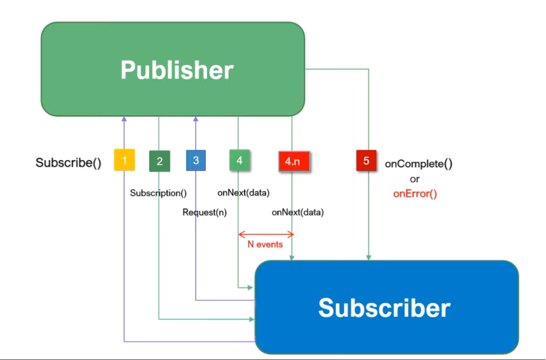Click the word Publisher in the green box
point(176,70)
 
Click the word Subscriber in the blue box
point(384,307)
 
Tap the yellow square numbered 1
point(124,161)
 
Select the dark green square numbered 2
point(159,161)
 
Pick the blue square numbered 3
point(196,161)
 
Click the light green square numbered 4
point(239,161)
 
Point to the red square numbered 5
point(367,161)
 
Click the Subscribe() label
point(68,162)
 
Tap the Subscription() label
point(158,193)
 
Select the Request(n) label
point(204,213)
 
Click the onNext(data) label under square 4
point(243,193)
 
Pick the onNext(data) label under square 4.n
point(297,213)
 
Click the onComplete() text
point(419,164)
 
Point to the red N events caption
point(265,245)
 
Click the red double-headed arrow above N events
point(266,234)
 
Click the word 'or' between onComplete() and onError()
point(414,179)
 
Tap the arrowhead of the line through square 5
point(368,257)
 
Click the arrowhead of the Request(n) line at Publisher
point(196,120)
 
